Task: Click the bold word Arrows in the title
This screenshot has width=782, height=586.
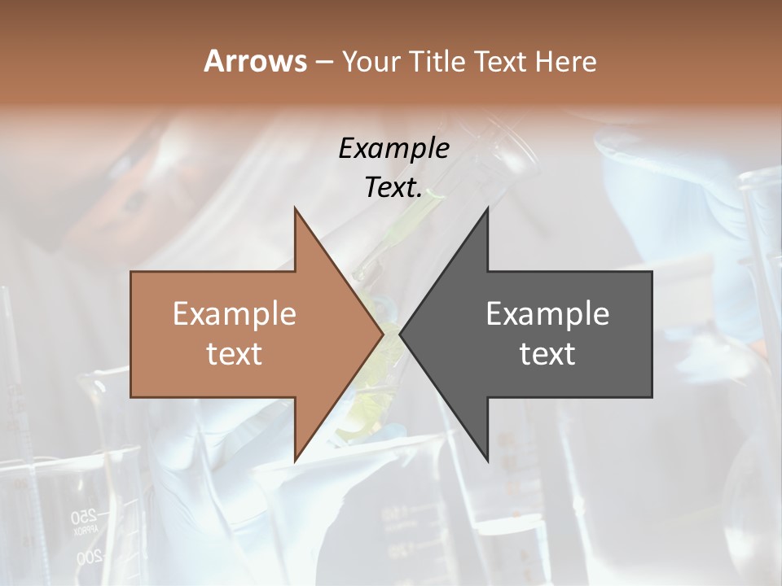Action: click(255, 61)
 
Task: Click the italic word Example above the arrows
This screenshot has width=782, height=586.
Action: click(393, 148)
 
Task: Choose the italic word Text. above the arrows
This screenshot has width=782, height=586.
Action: click(393, 187)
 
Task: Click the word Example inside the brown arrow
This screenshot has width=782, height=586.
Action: click(235, 313)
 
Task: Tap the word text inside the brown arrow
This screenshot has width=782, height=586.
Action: click(235, 353)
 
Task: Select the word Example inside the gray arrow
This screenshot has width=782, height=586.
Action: click(547, 313)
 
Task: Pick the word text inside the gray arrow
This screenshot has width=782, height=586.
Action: click(547, 353)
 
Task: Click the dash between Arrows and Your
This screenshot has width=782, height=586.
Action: click(323, 62)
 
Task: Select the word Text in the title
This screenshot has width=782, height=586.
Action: click(499, 61)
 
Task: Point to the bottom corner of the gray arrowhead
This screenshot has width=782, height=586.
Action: click(488, 460)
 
